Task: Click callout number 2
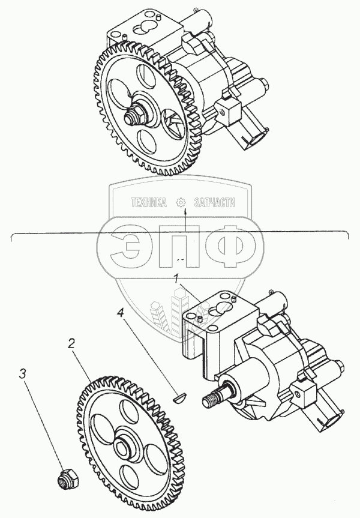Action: (71, 343)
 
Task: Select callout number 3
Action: (22, 374)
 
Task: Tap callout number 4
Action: (121, 313)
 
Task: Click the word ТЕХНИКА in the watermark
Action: (149, 202)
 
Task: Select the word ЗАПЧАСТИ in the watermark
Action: (215, 202)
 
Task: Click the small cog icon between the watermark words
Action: (181, 202)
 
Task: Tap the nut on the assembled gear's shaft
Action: (136, 116)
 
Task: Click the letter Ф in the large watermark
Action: (230, 246)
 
